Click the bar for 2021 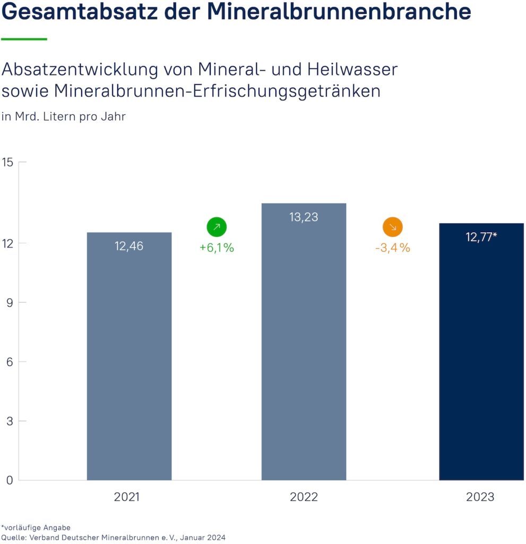click(x=129, y=356)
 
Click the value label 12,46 click(x=129, y=246)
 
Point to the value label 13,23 click(x=304, y=217)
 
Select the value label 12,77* click(x=481, y=237)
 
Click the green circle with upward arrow click(x=217, y=227)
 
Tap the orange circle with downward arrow click(x=393, y=227)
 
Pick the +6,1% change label click(x=217, y=248)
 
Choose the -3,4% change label click(x=393, y=248)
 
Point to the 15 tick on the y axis click(x=7, y=162)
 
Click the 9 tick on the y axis click(x=8, y=302)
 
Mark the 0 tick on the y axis click(x=8, y=480)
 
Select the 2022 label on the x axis click(x=304, y=497)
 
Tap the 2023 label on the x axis click(x=480, y=497)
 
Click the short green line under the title click(x=24, y=39)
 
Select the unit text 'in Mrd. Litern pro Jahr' click(x=64, y=116)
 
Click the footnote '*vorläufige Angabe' click(x=36, y=528)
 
